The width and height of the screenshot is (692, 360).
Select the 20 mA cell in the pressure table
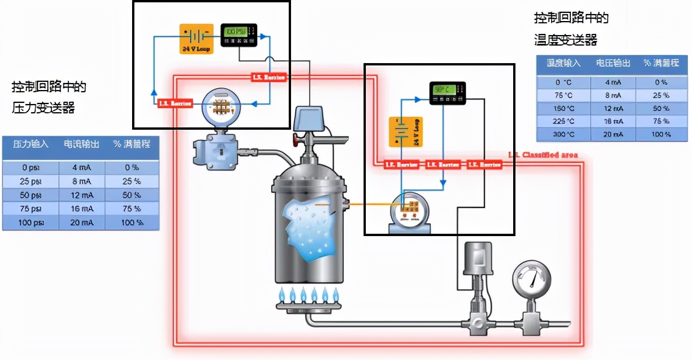coord(81,222)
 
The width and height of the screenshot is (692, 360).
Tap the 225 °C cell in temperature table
coord(563,122)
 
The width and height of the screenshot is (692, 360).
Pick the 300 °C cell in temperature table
coord(563,135)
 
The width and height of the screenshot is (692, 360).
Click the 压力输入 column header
coord(30,144)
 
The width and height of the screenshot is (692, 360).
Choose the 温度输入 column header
coord(563,63)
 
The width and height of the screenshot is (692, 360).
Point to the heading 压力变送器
coord(44,108)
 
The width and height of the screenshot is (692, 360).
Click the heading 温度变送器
coord(565,40)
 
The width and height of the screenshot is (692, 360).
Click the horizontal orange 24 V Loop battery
coord(196,39)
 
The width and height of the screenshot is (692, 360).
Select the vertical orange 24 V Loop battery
coord(406,132)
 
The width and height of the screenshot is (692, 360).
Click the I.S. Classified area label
coord(543,155)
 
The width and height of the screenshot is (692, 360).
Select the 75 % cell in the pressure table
coord(131,208)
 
